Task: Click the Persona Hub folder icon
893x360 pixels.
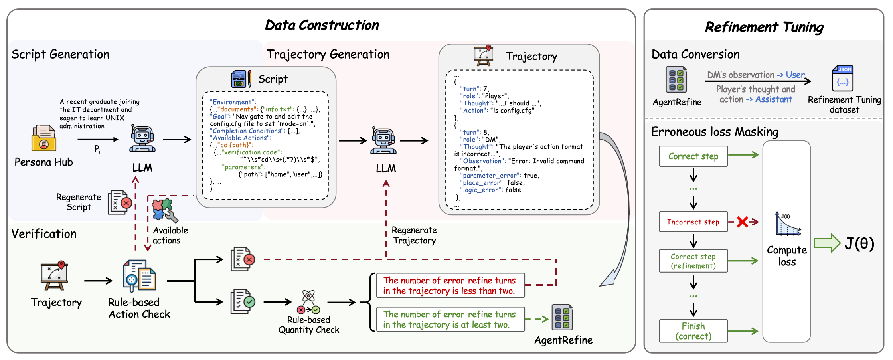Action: tap(44, 138)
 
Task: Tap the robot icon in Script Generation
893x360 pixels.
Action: tap(142, 138)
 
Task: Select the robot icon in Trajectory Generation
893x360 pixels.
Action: tap(383, 140)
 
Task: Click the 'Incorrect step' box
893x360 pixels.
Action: tap(693, 222)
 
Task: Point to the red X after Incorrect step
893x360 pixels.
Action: tap(742, 222)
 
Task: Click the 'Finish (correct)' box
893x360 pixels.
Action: tap(693, 331)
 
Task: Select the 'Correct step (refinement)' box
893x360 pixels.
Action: tap(693, 261)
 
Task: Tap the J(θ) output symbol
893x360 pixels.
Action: tap(859, 243)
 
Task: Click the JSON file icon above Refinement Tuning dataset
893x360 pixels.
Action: tap(842, 78)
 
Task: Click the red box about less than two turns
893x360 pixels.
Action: tap(450, 285)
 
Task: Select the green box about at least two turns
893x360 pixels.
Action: tap(450, 319)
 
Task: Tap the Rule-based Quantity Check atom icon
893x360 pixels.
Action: tap(308, 302)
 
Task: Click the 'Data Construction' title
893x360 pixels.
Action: tap(322, 25)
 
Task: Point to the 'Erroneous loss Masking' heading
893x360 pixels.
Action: tap(715, 132)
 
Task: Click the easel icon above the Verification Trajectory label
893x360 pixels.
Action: tap(54, 276)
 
